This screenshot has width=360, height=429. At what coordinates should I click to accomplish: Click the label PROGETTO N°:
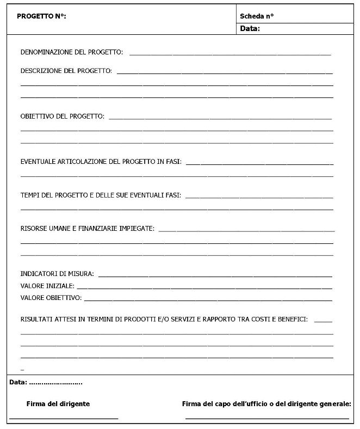tap(41, 16)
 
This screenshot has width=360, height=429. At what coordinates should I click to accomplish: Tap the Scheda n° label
tap(257, 16)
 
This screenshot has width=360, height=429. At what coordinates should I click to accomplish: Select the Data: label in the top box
tap(250, 29)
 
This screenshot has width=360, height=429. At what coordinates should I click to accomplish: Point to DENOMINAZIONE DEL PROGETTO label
tap(71, 52)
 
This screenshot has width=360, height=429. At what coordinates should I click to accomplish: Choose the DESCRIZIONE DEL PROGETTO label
tap(66, 71)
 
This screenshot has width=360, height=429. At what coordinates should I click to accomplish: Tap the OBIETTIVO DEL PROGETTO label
tap(63, 117)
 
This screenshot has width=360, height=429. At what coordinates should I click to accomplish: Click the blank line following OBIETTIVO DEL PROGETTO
tap(220, 119)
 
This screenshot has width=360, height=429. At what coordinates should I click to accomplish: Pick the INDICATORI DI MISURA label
tap(57, 273)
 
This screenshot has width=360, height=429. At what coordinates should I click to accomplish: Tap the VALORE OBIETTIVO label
tap(51, 298)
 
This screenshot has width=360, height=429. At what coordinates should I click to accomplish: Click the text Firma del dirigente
tap(58, 404)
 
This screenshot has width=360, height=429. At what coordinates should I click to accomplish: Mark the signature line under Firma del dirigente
tap(64, 418)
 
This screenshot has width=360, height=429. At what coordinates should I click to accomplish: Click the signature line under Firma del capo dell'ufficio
tap(267, 418)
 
